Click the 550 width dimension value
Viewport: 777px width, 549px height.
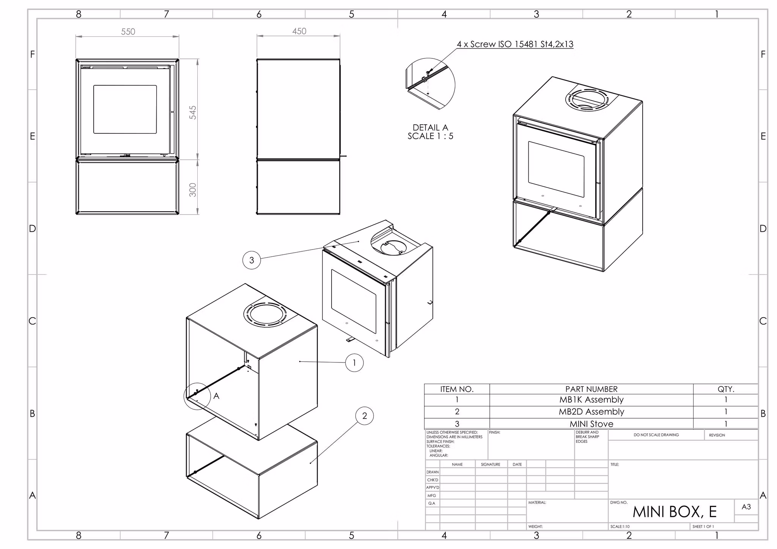coord(128,32)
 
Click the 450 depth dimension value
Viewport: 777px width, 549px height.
coord(299,31)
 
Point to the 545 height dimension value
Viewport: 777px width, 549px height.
coord(193,113)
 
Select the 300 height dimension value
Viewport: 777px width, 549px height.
coord(193,190)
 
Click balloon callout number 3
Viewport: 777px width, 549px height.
coord(252,260)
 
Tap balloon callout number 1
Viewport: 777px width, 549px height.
coord(354,363)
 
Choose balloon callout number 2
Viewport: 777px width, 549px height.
coord(365,416)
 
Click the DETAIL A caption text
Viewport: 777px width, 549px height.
coord(430,127)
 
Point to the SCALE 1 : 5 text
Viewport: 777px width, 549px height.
coord(430,136)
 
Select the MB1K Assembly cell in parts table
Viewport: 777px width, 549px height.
coord(591,400)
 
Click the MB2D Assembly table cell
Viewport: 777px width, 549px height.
coord(591,412)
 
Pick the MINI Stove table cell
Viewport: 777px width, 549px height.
coord(591,424)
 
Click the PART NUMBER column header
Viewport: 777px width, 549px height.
coord(591,389)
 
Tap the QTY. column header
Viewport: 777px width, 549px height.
coord(725,389)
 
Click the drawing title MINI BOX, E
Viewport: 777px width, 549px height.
coord(675,512)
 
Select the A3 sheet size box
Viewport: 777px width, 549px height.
coord(746,507)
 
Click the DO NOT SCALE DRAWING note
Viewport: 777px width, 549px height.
coord(656,435)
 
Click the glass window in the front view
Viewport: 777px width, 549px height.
coord(125,109)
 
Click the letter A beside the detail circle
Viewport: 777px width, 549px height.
coord(216,396)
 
